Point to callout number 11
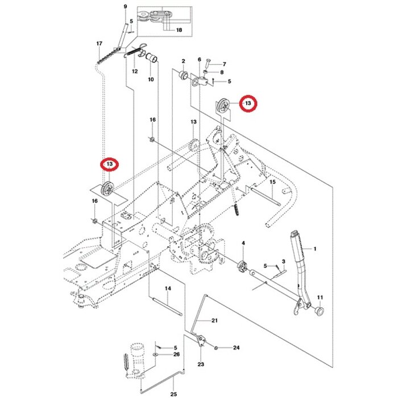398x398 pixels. pyautogui.click(x=319, y=297)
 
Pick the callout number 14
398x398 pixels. pyautogui.click(x=168, y=289)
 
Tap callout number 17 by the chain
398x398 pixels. pyautogui.click(x=100, y=44)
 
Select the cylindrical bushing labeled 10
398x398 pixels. pyautogui.click(x=152, y=58)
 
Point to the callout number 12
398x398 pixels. pyautogui.click(x=135, y=72)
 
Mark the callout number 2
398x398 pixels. pyautogui.click(x=184, y=61)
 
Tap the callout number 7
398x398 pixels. pyautogui.click(x=223, y=64)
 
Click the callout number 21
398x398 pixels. pyautogui.click(x=214, y=321)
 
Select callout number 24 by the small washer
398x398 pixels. pyautogui.click(x=237, y=347)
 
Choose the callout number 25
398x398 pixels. pyautogui.click(x=173, y=392)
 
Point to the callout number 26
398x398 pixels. pyautogui.click(x=176, y=354)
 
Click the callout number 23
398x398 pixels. pyautogui.click(x=201, y=364)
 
